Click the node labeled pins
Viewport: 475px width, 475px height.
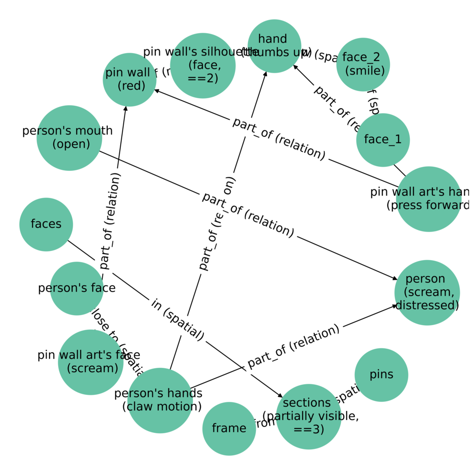pos(381,374)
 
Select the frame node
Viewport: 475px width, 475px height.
pos(229,428)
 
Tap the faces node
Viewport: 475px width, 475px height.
pos(46,224)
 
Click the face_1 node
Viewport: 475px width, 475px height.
pos(383,140)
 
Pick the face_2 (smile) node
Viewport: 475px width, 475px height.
pos(363,64)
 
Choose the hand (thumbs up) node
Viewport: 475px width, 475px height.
pos(274,46)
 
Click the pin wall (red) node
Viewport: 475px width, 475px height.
pos(129,80)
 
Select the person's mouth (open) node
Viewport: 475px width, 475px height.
pos(69,138)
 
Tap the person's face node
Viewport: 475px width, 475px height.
pos(77,288)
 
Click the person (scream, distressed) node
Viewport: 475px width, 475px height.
pos(427,292)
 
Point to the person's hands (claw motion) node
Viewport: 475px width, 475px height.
pos(160,400)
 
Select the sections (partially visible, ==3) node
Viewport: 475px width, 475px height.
pos(308,416)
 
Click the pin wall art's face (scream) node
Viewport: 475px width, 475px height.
pos(91,362)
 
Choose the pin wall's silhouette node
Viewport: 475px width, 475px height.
pos(202,66)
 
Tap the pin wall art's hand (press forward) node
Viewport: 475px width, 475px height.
pos(428,199)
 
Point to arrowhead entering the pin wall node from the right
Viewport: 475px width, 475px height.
pos(156,91)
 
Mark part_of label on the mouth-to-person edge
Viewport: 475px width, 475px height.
pos(248,214)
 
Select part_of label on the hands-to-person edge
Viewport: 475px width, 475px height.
pos(294,346)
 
